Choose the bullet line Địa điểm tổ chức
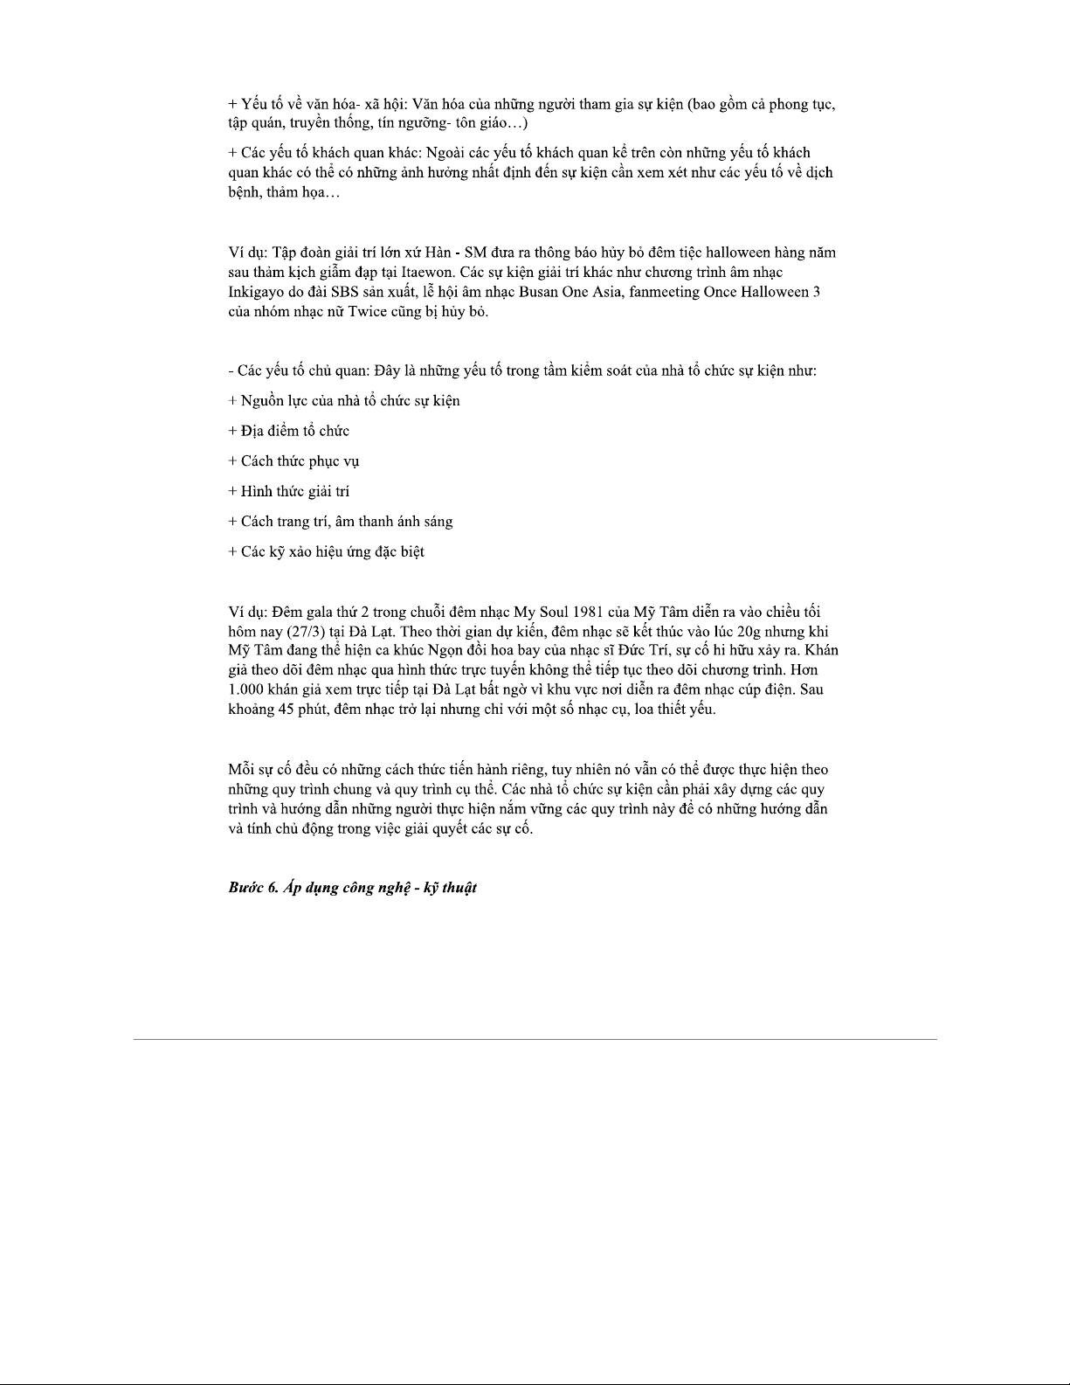289,431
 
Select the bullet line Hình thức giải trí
289,491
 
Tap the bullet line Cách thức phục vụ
293,461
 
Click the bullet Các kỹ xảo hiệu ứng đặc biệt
327,551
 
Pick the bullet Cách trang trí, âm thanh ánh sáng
341,522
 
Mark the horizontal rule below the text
535,1039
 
